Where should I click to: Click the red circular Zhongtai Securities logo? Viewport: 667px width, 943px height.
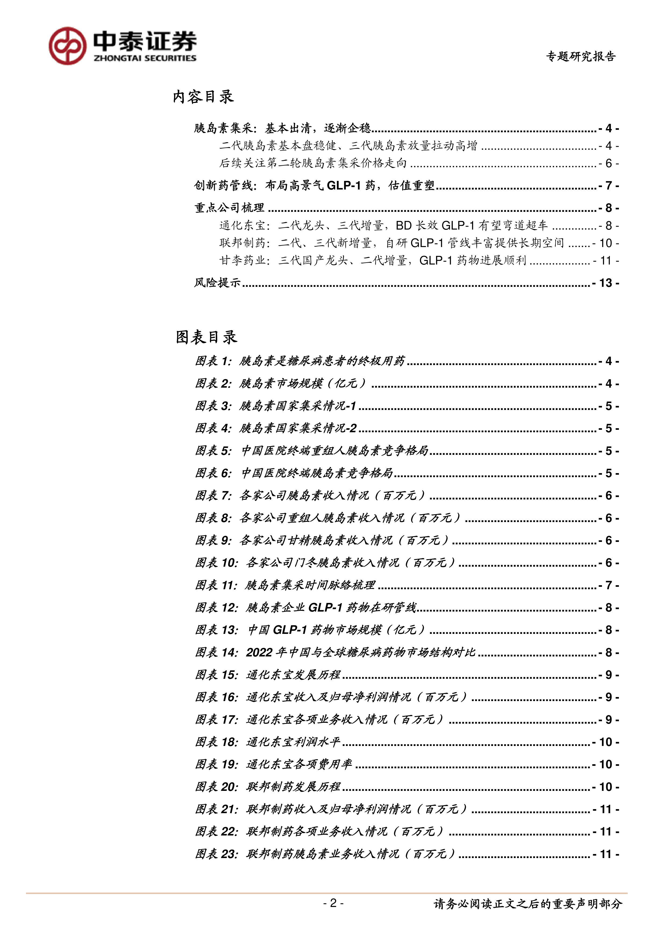(67, 46)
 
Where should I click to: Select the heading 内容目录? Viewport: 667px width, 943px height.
(203, 97)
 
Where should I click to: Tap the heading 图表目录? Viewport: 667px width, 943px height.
(206, 337)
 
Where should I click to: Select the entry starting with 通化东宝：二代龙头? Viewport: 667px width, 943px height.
(383, 226)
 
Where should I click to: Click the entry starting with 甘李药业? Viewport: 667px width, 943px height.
(373, 260)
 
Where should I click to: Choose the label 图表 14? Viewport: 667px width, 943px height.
(216, 652)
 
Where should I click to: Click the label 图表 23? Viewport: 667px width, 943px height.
(216, 854)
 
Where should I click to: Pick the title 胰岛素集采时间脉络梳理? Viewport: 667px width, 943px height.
(310, 585)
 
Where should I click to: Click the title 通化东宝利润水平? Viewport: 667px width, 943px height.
(293, 742)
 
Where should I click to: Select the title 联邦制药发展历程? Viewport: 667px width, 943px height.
(293, 787)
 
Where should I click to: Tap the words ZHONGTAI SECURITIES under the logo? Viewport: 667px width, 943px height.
(145, 58)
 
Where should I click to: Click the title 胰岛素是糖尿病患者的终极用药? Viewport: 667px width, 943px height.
(322, 361)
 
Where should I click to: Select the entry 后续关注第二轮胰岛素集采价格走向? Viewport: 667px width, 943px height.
(313, 163)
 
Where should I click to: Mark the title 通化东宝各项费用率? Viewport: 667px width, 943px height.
(299, 764)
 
